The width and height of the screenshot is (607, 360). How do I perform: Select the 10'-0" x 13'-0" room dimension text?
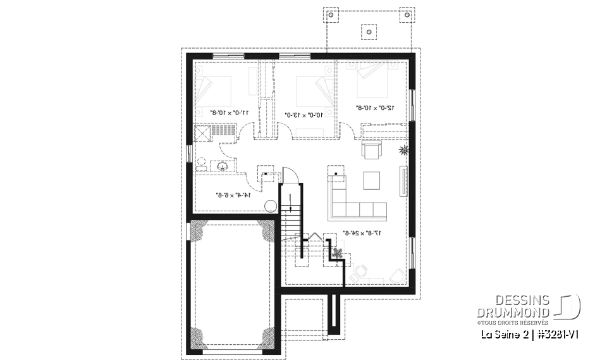[x=305, y=115]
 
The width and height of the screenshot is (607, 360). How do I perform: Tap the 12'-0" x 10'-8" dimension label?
[x=376, y=108]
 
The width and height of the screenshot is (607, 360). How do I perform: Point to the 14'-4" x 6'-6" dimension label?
[x=233, y=195]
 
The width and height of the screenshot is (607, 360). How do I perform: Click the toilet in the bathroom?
[x=201, y=164]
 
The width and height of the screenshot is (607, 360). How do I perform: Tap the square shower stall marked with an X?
[x=203, y=133]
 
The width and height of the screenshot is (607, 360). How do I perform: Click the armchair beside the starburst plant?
[x=371, y=151]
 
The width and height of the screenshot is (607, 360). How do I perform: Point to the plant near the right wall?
[x=403, y=151]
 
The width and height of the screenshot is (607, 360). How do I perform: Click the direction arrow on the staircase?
[x=290, y=203]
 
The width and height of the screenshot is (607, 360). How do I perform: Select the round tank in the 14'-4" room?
[x=270, y=205]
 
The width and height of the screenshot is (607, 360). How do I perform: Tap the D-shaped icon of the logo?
[x=569, y=306]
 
